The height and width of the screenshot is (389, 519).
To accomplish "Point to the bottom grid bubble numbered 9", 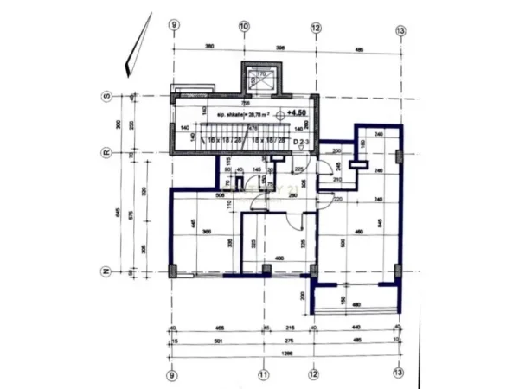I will tap(172, 374).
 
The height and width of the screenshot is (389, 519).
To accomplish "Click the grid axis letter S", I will tap(106, 95).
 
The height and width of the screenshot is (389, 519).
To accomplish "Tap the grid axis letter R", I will tap(106, 153).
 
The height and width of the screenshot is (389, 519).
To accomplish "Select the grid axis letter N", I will tap(106, 271).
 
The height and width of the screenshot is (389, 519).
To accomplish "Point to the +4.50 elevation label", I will tap(297, 112).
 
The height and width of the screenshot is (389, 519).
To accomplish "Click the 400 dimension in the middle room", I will tap(279, 258).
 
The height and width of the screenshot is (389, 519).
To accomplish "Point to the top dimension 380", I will tap(208, 47).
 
